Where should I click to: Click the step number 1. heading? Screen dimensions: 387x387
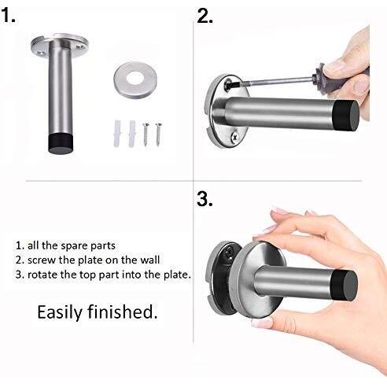tap(9, 15)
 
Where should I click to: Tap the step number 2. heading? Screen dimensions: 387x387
tap(205, 16)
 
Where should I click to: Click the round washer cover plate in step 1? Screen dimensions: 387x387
tap(135, 79)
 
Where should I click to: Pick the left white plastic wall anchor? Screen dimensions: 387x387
tap(117, 134)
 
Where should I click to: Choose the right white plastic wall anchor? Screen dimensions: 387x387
tap(132, 134)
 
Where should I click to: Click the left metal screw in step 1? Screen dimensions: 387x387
tap(146, 135)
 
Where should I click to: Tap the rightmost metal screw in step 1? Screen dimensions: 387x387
tap(158, 135)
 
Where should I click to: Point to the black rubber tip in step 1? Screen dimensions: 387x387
tap(61, 143)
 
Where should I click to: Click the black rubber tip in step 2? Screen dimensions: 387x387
tap(345, 116)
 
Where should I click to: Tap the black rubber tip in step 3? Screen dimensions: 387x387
tap(344, 286)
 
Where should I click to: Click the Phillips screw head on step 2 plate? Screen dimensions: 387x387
tap(234, 137)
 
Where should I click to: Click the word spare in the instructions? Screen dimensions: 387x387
tap(72, 246)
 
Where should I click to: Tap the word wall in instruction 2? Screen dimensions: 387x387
tap(149, 260)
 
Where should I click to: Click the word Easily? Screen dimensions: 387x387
tap(60, 312)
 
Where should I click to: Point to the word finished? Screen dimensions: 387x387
tap(123, 311)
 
